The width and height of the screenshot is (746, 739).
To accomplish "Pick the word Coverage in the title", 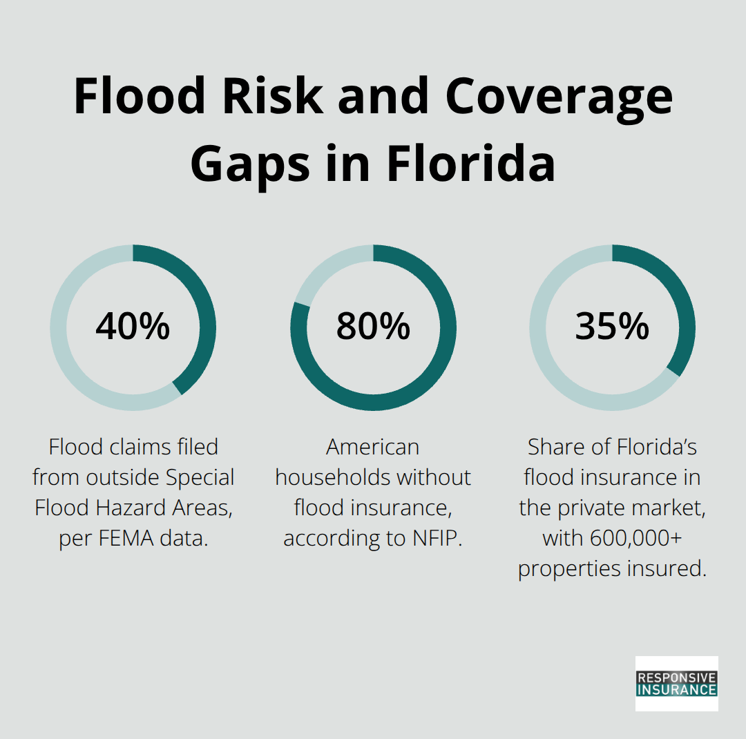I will (x=559, y=97).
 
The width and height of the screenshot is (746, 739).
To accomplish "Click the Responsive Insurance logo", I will (x=676, y=683).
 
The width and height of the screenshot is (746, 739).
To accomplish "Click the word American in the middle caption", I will (x=373, y=447).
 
